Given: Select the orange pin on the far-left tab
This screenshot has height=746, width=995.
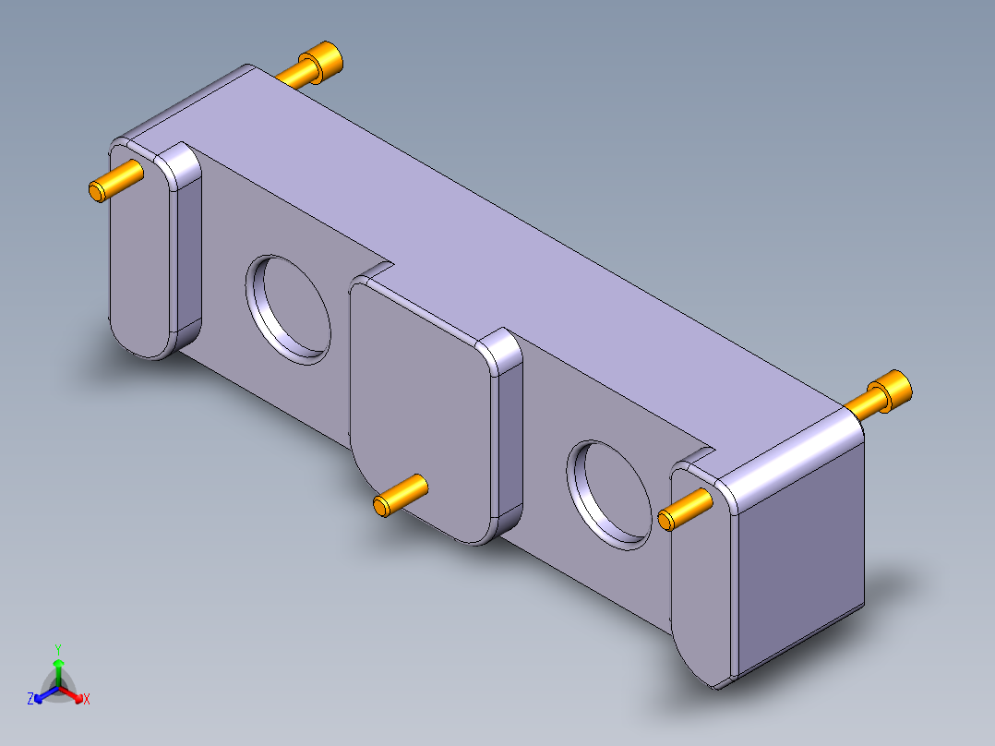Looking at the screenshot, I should coord(115,180).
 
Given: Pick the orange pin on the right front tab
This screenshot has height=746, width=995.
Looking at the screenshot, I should coord(686,510).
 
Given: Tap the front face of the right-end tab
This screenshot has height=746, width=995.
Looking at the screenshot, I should coord(701,591).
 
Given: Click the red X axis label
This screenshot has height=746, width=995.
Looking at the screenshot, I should coord(87,700).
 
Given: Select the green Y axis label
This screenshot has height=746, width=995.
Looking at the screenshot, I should coord(57,648).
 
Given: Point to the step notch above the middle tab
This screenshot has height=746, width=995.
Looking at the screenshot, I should coord(374,271).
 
